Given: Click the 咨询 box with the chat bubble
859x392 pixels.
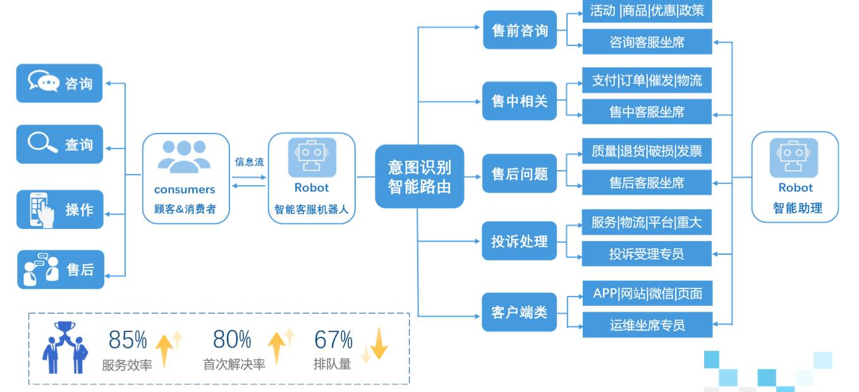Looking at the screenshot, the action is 59,83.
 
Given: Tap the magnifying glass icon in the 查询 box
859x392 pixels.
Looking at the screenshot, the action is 42,142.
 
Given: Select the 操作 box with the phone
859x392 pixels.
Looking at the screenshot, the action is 60,209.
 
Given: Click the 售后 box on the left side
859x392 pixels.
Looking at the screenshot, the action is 61,269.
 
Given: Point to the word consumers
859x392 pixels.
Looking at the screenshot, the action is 185,190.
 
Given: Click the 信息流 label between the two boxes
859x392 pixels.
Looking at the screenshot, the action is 249,162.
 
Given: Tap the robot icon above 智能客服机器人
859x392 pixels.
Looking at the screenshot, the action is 312,157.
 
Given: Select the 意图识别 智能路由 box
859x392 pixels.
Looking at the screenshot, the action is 420,176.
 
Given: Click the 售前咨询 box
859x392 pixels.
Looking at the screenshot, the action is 520,30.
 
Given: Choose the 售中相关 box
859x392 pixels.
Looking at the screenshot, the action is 520,101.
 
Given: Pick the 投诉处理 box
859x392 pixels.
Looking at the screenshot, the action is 519,241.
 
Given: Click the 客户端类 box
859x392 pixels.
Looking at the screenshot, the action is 519,312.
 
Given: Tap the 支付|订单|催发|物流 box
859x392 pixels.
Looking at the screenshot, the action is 647,80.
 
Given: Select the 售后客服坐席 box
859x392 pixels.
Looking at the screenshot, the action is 647,183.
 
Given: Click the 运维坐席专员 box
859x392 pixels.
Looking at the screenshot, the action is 647,325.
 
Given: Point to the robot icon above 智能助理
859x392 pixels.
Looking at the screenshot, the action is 794,157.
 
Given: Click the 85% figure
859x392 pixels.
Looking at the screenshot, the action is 128,340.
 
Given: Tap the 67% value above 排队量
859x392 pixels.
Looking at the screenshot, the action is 333,340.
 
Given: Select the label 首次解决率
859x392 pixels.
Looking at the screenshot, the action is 234,364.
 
